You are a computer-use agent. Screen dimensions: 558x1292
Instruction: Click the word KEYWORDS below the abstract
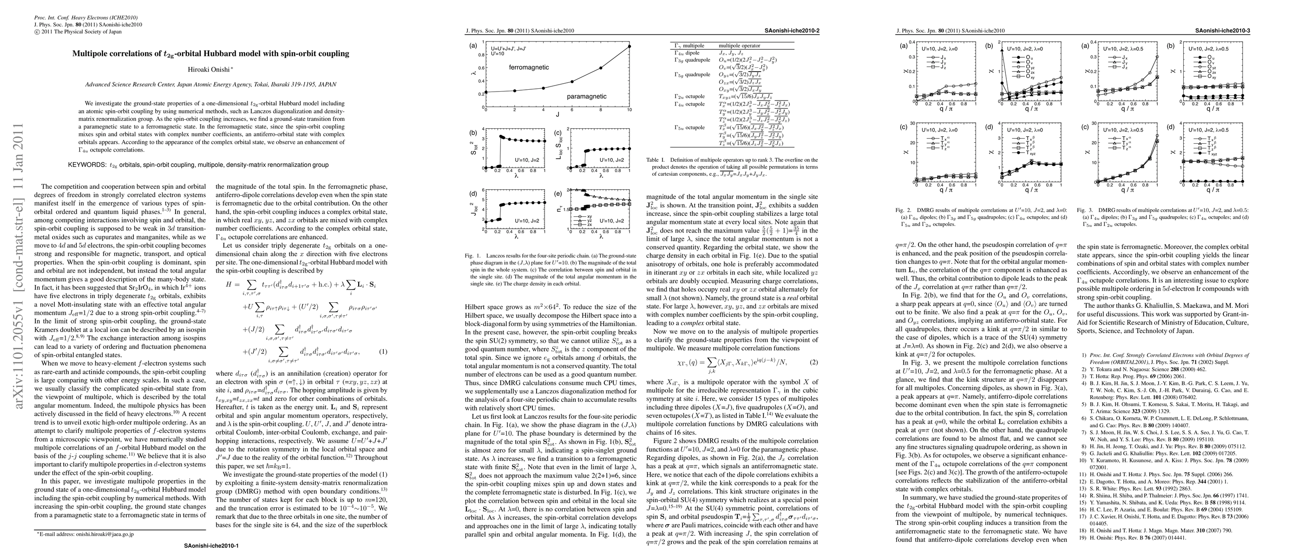pos(87,165)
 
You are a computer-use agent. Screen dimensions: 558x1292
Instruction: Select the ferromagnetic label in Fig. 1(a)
pos(529,67)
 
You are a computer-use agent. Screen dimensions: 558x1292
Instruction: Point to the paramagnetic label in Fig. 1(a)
pos(586,96)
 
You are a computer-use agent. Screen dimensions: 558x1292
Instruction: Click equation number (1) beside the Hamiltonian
pos(383,352)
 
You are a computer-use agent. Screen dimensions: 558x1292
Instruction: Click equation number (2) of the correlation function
pos(814,362)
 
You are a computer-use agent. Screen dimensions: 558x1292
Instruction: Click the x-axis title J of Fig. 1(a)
pos(557,114)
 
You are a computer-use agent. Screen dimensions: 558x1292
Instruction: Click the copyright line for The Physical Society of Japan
pos(78,32)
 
